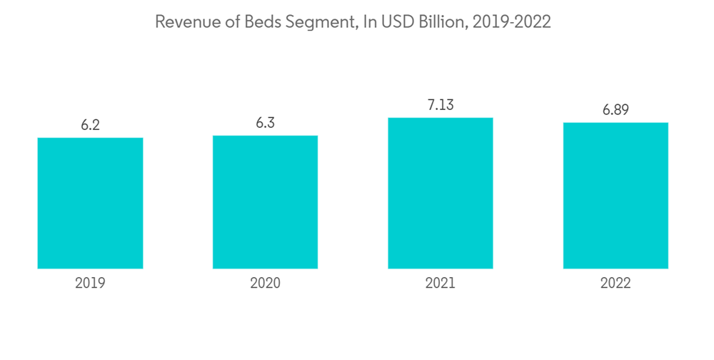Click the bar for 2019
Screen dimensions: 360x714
click(x=90, y=203)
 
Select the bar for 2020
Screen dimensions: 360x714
click(x=265, y=201)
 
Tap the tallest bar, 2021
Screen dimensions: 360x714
click(x=441, y=193)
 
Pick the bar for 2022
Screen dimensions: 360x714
click(x=615, y=196)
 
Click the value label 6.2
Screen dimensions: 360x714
click(x=90, y=125)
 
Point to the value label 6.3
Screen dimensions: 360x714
click(x=265, y=123)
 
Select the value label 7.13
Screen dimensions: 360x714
click(x=441, y=105)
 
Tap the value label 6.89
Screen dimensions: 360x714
click(x=615, y=110)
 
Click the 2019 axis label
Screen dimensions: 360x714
click(x=90, y=284)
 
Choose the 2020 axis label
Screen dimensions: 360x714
click(x=265, y=284)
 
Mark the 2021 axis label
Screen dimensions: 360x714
click(x=441, y=284)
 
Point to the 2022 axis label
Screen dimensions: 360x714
click(x=615, y=284)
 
